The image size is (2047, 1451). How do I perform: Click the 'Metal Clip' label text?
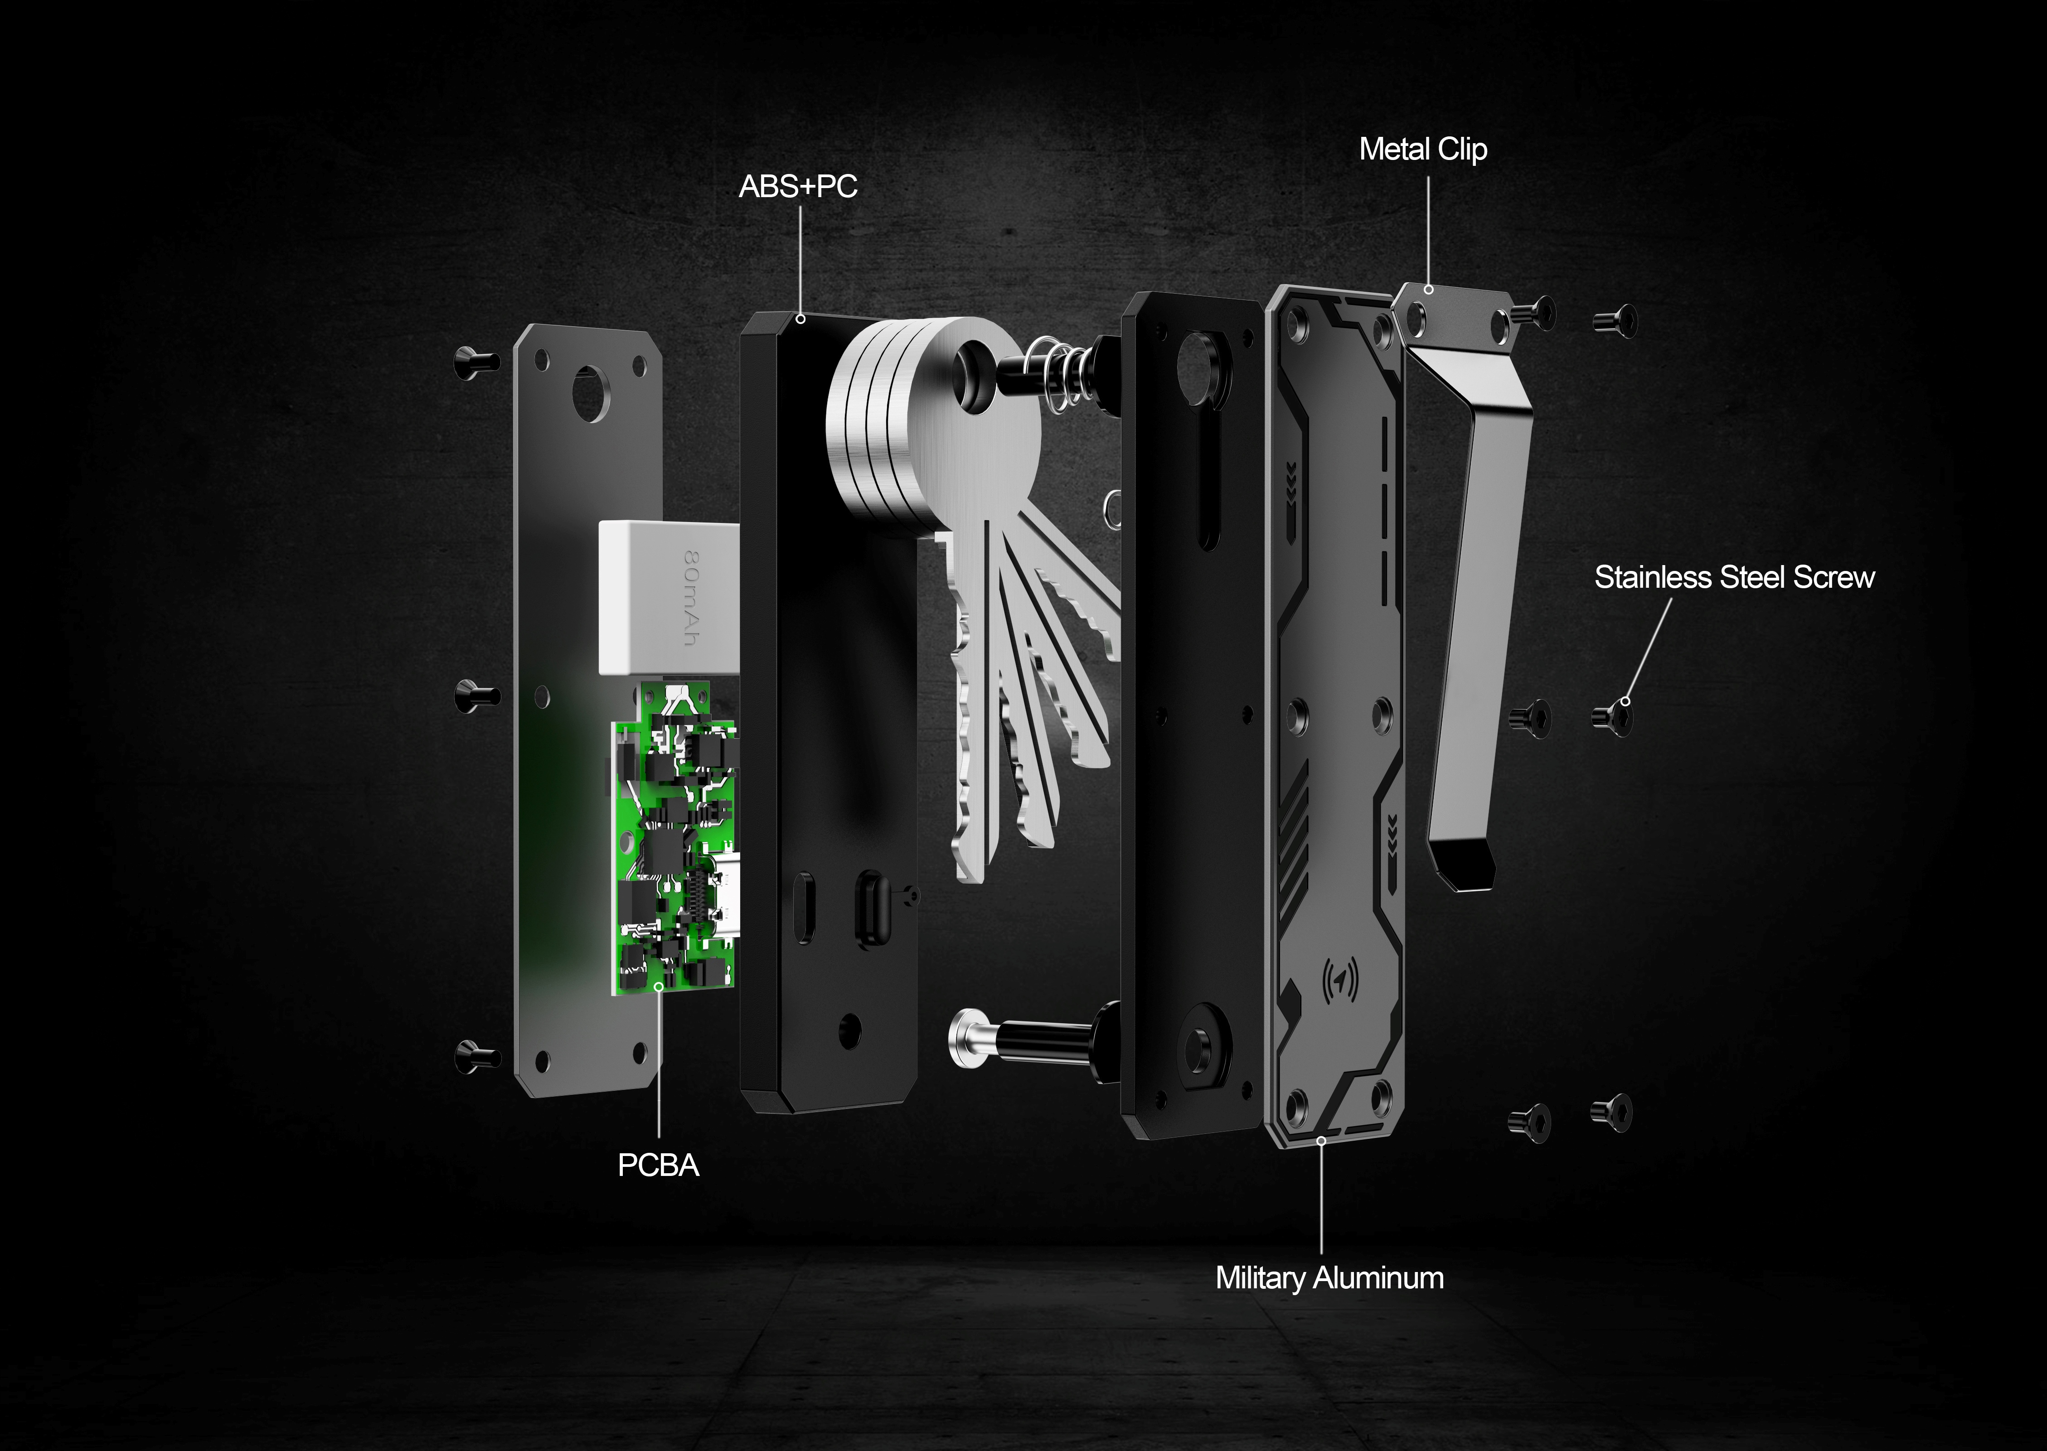[1422, 149]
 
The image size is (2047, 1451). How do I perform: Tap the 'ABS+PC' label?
[798, 187]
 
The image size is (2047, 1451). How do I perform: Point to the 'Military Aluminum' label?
[1329, 1277]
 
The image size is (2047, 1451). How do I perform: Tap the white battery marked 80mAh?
[668, 597]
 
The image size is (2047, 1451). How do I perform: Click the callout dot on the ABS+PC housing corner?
[800, 318]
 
